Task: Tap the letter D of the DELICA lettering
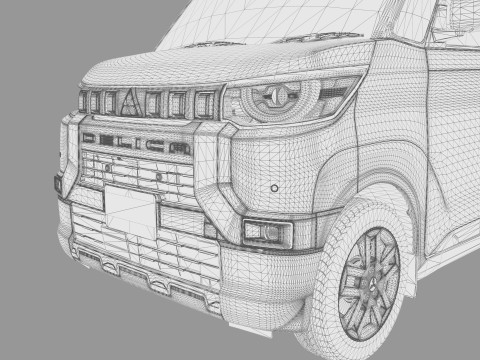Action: click(x=90, y=139)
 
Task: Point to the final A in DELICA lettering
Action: click(x=180, y=149)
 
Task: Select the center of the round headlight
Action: click(x=270, y=99)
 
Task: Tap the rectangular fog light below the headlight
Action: click(x=267, y=233)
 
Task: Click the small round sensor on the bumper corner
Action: click(x=274, y=188)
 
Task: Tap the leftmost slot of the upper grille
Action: click(x=83, y=101)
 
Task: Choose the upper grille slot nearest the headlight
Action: click(x=206, y=103)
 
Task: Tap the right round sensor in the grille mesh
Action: click(x=157, y=177)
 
